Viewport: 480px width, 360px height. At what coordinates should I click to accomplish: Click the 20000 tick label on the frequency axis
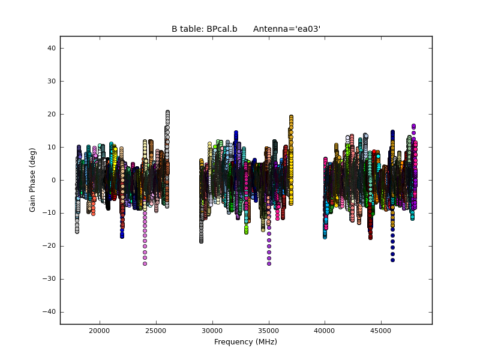click(100, 331)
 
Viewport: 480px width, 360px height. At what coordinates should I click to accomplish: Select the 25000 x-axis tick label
click(156, 331)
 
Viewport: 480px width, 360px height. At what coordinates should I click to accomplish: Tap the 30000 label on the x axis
click(212, 331)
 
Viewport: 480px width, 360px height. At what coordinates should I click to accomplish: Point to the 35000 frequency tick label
click(269, 331)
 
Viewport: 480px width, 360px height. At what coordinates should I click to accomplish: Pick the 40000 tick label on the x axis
click(325, 331)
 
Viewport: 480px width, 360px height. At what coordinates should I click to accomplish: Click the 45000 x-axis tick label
click(381, 331)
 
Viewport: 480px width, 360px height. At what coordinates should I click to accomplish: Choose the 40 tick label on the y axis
click(52, 48)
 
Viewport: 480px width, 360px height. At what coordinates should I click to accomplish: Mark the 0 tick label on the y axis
click(53, 180)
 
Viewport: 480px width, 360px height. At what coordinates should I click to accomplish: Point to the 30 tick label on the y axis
click(52, 81)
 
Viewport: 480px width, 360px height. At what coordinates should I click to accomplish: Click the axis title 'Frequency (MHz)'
click(245, 342)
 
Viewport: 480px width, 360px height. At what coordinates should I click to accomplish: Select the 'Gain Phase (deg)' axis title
click(33, 180)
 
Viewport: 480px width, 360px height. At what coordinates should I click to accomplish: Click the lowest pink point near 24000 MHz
click(145, 263)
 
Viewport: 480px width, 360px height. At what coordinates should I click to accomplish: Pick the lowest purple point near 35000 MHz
click(269, 263)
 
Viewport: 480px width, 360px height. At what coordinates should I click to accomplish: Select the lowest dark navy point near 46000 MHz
click(392, 260)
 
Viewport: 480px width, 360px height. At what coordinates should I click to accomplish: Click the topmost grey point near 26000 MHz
click(167, 112)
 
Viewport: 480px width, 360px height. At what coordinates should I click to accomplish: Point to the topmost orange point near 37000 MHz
click(291, 117)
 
